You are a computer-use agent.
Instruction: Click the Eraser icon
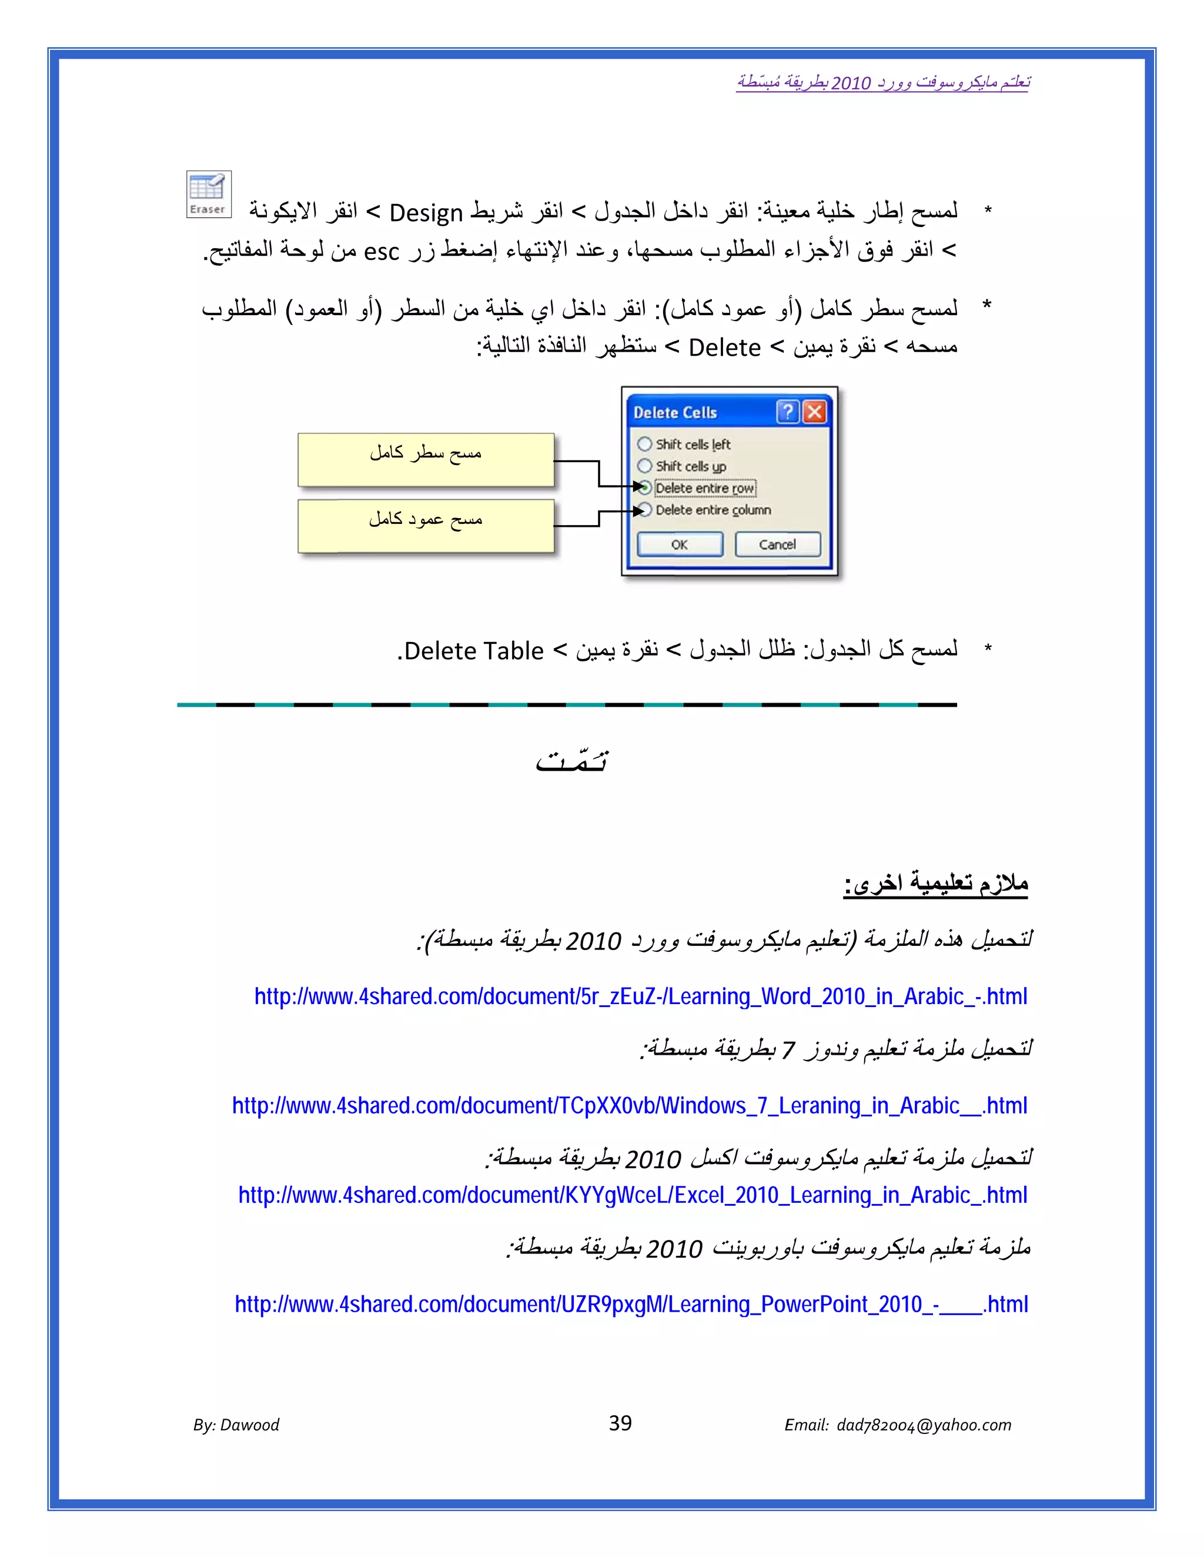point(208,194)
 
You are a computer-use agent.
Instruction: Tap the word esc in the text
point(381,252)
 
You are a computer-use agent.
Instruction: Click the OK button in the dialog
point(679,544)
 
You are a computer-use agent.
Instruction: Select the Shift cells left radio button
point(645,444)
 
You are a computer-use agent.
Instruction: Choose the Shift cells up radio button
point(645,466)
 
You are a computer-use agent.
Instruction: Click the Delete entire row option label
point(705,488)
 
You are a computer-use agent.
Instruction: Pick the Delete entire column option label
point(713,510)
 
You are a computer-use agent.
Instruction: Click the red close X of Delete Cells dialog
point(814,412)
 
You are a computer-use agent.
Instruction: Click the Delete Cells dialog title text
point(675,412)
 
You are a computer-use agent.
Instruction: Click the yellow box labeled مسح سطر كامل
point(426,459)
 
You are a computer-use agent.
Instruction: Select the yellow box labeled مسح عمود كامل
point(426,526)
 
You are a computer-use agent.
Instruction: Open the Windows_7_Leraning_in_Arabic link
point(629,1105)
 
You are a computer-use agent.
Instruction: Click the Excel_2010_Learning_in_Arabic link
point(632,1194)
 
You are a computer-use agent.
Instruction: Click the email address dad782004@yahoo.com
point(924,1425)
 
